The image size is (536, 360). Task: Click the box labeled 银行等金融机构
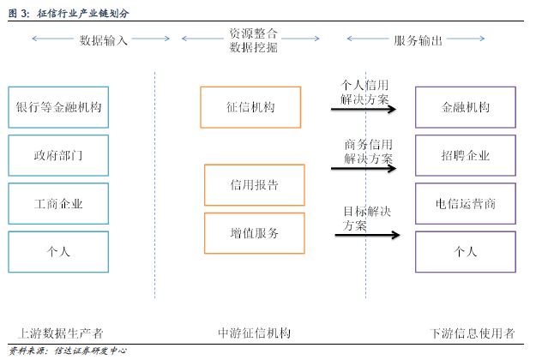(58, 107)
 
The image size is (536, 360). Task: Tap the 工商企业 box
(58, 204)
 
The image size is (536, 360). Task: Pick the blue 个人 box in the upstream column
(58, 252)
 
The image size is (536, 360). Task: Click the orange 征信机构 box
(250, 107)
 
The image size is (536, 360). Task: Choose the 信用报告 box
(254, 185)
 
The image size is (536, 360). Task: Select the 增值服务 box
(254, 233)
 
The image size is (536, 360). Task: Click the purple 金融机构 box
(465, 107)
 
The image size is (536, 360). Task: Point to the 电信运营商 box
(465, 204)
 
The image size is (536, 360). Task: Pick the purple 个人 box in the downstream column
(465, 252)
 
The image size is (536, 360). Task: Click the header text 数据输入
(103, 39)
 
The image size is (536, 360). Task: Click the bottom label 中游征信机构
(255, 333)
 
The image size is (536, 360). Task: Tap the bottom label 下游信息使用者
(472, 333)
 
